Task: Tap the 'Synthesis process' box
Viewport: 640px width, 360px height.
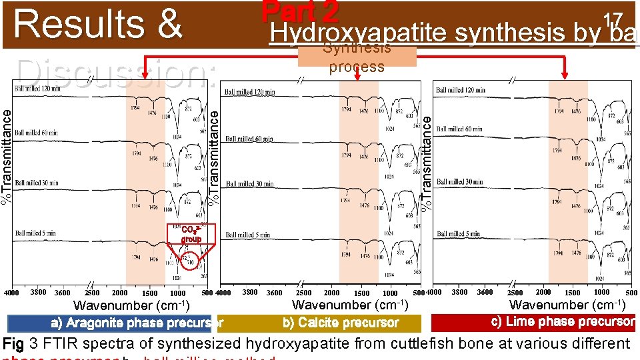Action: (x=357, y=57)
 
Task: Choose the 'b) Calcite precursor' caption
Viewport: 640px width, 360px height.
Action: (x=341, y=323)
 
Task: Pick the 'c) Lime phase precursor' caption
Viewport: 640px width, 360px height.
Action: (x=533, y=321)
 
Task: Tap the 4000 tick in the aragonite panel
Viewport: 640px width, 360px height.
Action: (x=11, y=293)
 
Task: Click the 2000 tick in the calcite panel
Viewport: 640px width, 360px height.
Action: (x=331, y=293)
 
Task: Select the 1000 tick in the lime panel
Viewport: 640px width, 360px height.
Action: (x=601, y=292)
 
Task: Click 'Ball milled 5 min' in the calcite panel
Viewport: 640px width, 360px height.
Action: (x=248, y=235)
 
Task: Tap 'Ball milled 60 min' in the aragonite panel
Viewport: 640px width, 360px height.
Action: (x=37, y=134)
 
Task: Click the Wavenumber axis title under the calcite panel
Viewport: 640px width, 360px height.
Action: (x=351, y=305)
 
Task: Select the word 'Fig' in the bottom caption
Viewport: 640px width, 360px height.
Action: (x=14, y=344)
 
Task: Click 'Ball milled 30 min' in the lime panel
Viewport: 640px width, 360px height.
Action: (x=459, y=182)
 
